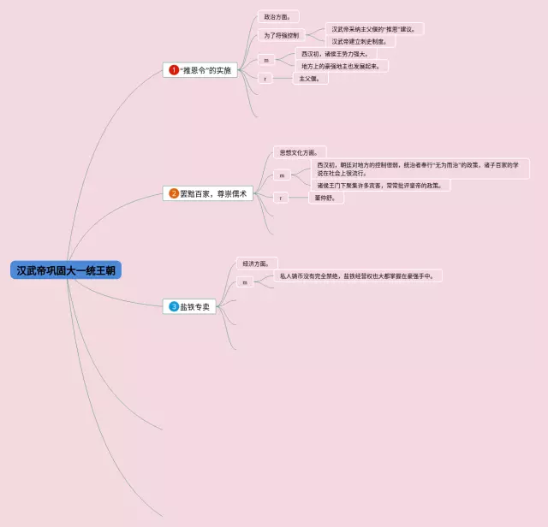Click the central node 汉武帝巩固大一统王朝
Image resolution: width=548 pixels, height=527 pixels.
point(66,270)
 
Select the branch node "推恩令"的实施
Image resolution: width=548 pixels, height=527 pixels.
point(200,70)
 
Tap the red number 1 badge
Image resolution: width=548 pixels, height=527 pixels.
point(174,70)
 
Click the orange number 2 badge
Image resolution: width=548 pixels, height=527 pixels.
point(174,194)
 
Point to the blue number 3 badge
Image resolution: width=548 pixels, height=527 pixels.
point(174,306)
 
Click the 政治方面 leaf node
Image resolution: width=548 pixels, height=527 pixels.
point(277,16)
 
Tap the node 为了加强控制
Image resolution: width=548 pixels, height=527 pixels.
point(282,35)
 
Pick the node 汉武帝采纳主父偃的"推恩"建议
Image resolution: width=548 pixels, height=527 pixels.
point(373,29)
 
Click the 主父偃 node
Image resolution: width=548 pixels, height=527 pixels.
point(309,79)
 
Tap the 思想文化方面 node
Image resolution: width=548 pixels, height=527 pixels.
point(295,152)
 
